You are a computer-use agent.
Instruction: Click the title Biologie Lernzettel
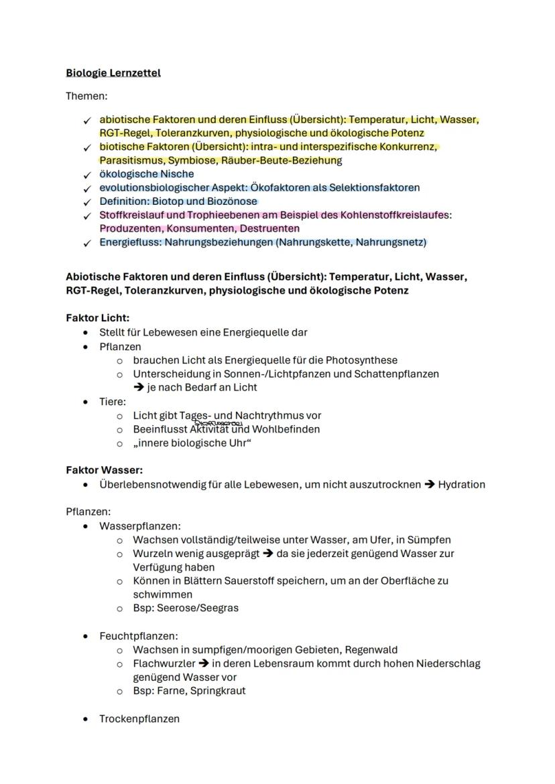click(113, 72)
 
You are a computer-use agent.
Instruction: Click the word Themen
click(86, 96)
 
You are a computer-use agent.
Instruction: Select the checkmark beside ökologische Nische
click(86, 175)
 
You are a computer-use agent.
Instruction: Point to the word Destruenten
click(267, 229)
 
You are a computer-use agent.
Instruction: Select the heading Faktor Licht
click(98, 318)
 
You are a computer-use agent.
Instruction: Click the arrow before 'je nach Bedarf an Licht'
click(139, 388)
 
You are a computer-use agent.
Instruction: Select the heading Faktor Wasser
click(105, 471)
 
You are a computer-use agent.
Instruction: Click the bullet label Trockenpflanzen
click(139, 718)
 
